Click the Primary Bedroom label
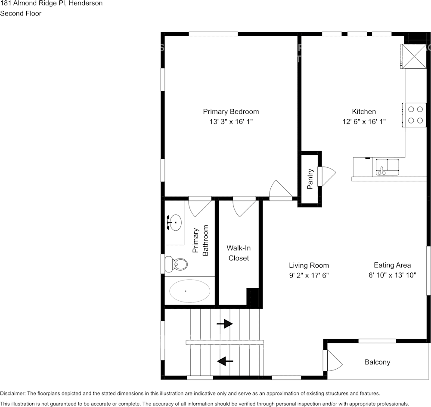231,111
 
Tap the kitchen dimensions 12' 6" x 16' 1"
364,122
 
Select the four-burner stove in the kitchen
415,115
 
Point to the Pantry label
310,179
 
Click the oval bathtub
189,291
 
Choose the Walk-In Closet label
239,253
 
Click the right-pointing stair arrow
225,324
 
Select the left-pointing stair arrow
225,361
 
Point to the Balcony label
377,362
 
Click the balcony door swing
334,361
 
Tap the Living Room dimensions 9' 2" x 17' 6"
309,275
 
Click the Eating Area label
392,265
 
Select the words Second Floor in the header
21,13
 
